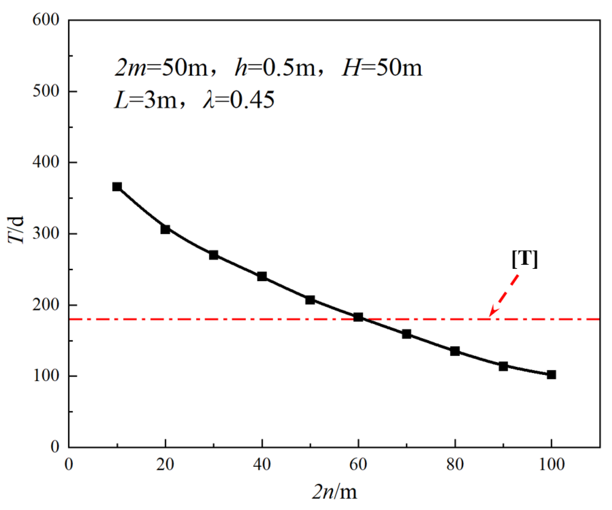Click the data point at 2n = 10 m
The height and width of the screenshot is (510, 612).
coord(117,187)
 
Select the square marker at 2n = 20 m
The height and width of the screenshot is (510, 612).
coord(165,229)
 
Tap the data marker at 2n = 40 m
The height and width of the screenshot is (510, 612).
coord(262,277)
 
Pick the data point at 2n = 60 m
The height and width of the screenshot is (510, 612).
coord(358,317)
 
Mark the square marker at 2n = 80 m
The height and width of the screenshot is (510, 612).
coord(455,351)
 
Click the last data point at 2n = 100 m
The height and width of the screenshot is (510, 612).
coord(551,375)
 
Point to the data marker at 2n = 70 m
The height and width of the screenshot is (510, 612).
coord(407,334)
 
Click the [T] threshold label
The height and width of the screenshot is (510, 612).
coord(525,259)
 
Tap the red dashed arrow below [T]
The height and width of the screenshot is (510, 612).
coord(504,296)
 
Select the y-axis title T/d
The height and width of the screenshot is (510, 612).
coord(16,229)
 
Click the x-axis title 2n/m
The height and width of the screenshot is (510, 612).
coord(334,492)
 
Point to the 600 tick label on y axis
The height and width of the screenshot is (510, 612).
coord(46,20)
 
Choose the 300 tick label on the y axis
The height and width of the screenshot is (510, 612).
coord(46,233)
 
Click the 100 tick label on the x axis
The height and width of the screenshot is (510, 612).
coord(551,464)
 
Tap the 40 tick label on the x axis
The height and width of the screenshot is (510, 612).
coord(262,464)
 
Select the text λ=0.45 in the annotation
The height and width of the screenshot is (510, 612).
coord(239,100)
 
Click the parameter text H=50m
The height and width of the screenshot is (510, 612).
coord(382,68)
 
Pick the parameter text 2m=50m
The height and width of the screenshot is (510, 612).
coord(161,68)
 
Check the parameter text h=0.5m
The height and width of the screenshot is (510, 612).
coord(275,68)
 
